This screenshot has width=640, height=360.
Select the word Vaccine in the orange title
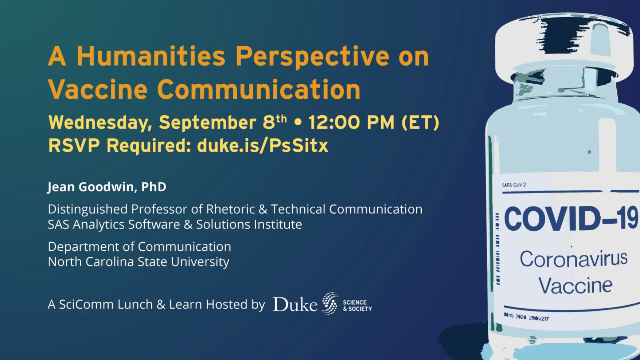[x=98, y=89]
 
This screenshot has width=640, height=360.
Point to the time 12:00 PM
[x=351, y=122]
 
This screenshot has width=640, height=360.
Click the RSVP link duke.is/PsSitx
[x=262, y=145]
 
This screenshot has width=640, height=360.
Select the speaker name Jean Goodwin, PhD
[x=107, y=187]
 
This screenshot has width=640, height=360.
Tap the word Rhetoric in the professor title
[x=230, y=209]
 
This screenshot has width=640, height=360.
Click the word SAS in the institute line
[x=58, y=224]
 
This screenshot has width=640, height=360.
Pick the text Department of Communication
[x=139, y=247]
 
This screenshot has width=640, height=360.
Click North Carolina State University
[x=138, y=262]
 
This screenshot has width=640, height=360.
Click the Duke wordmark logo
[x=295, y=304]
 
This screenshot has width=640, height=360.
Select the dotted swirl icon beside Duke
[x=329, y=303]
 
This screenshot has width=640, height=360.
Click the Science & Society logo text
[x=357, y=305]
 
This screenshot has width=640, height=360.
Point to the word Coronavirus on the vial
[x=573, y=259]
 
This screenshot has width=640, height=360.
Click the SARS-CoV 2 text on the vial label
[x=514, y=185]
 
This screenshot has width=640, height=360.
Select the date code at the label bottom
[x=526, y=317]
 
